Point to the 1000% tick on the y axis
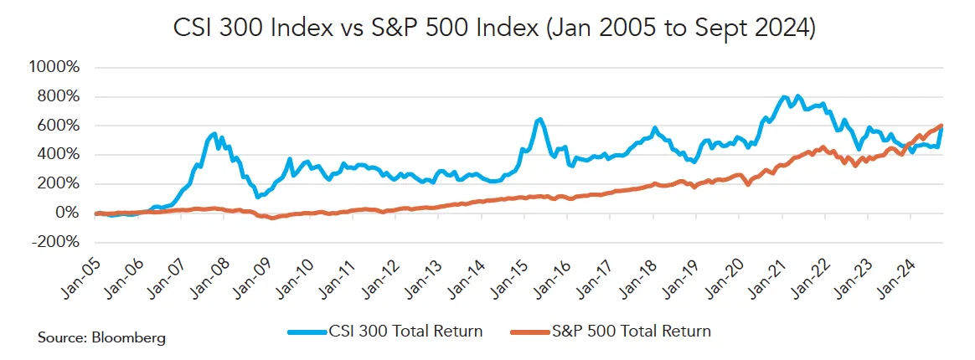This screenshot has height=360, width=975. pos(54,68)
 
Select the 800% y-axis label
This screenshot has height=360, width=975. pos(58,96)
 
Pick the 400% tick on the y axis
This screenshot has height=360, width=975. pos(58,155)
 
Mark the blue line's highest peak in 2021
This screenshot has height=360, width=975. pos(797,96)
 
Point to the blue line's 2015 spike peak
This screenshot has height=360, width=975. pos(540,120)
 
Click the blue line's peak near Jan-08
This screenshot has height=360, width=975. pos(214,133)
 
